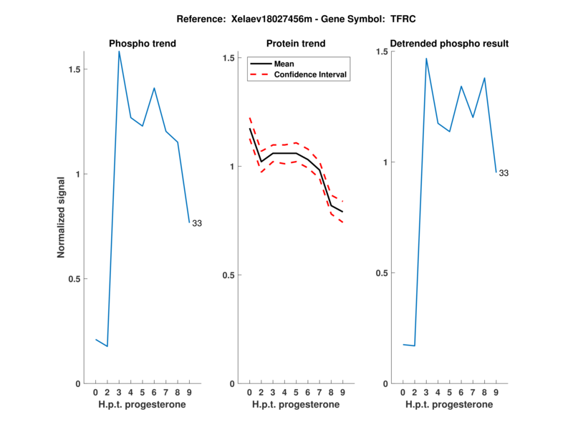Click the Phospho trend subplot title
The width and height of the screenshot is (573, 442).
click(x=143, y=44)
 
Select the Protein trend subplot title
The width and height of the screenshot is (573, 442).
click(x=297, y=44)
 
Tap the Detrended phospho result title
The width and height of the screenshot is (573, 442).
click(x=449, y=44)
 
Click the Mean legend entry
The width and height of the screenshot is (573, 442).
click(x=284, y=64)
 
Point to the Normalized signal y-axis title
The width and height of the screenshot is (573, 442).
click(x=62, y=217)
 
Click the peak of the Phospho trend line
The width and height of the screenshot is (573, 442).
click(x=119, y=51)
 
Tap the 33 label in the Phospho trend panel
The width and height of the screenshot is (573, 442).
click(x=197, y=223)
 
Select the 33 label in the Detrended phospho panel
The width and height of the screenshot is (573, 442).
click(x=504, y=173)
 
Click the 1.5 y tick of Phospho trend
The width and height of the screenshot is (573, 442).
click(x=74, y=69)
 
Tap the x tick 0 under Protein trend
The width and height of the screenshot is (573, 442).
click(x=250, y=393)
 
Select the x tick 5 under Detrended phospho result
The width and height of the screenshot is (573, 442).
click(x=449, y=393)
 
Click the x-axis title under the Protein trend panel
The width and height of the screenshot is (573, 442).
click(x=296, y=405)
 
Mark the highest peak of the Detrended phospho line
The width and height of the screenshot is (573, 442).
click(x=426, y=59)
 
